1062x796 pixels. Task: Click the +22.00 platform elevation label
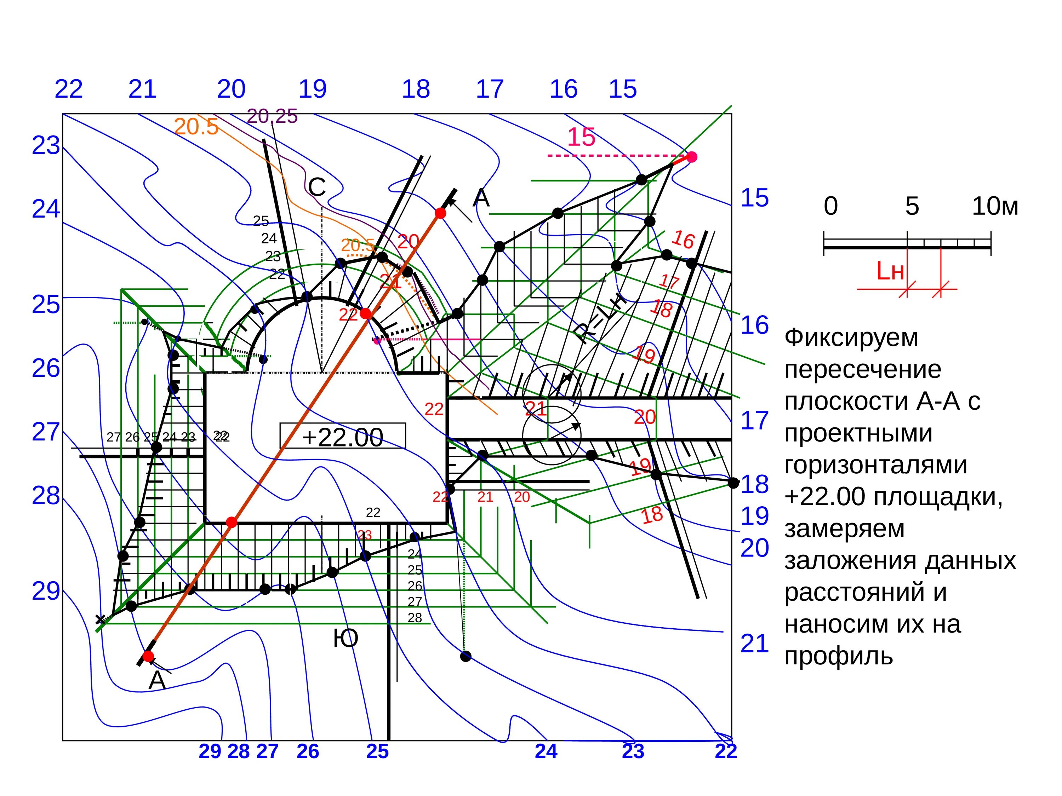pyautogui.click(x=342, y=437)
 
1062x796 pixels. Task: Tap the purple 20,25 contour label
pyautogui.click(x=272, y=116)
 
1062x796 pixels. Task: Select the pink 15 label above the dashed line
pyautogui.click(x=581, y=137)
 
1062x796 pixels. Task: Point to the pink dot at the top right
pyautogui.click(x=691, y=157)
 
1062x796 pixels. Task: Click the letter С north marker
pyautogui.click(x=317, y=187)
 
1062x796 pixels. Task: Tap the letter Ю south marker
pyautogui.click(x=346, y=639)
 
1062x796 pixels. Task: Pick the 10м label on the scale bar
pyautogui.click(x=995, y=206)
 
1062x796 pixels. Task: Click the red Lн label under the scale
pyautogui.click(x=890, y=272)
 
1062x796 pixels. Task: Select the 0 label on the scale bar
pyautogui.click(x=830, y=206)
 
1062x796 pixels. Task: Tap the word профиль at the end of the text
pyautogui.click(x=838, y=656)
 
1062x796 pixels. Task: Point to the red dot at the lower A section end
pyautogui.click(x=148, y=656)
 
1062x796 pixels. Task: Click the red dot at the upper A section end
pyautogui.click(x=440, y=213)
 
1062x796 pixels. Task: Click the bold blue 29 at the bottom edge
pyautogui.click(x=210, y=751)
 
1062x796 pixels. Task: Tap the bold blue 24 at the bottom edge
pyautogui.click(x=546, y=751)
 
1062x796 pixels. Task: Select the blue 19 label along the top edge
pyautogui.click(x=313, y=89)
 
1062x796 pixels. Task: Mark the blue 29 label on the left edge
pyautogui.click(x=46, y=591)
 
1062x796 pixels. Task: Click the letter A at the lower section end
pyautogui.click(x=157, y=680)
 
